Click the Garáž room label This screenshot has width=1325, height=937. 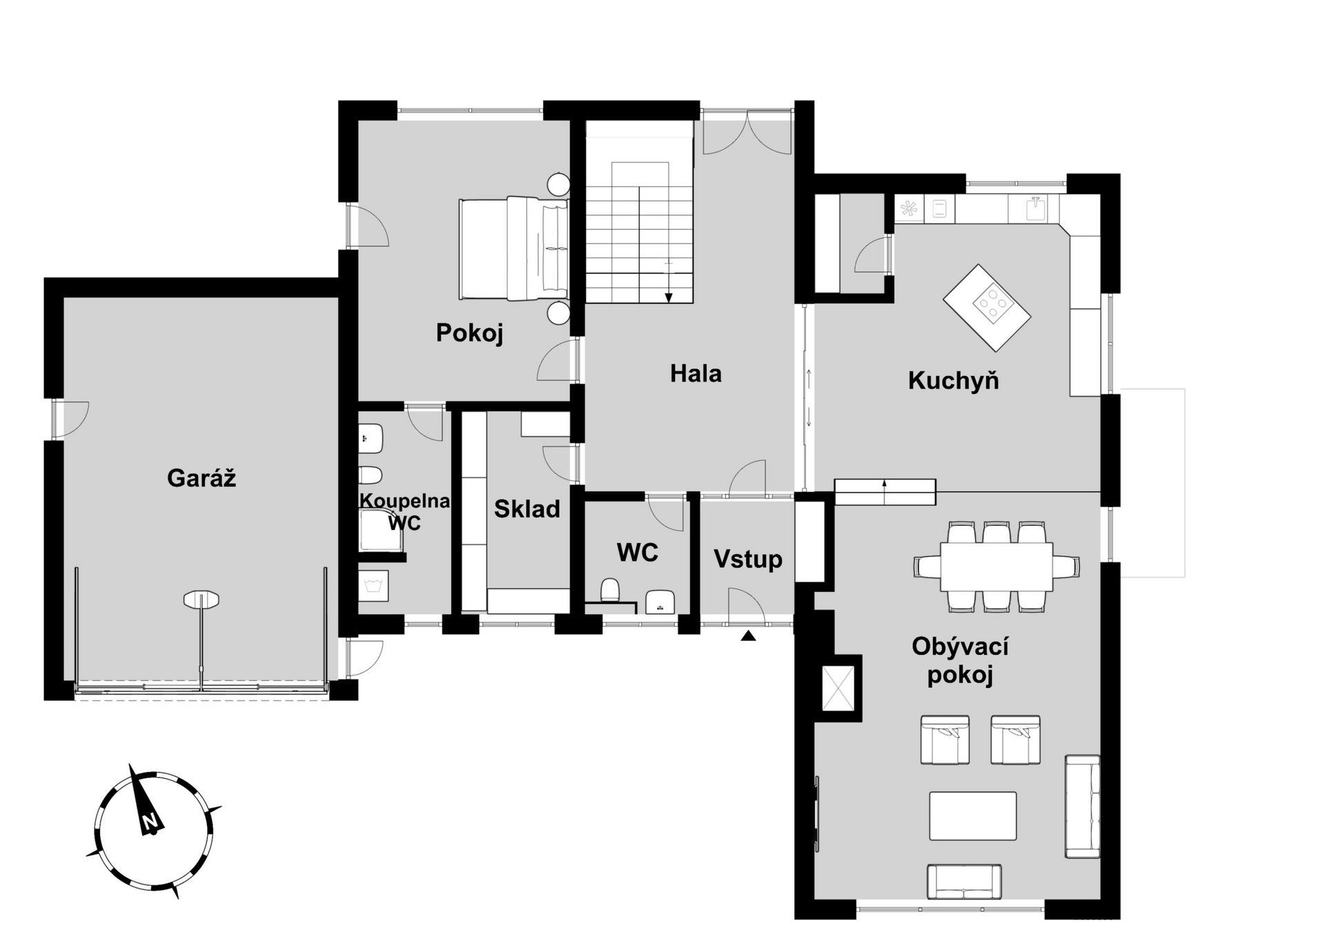coord(202,478)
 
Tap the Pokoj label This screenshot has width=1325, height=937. coord(469,333)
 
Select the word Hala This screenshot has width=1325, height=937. coord(696,373)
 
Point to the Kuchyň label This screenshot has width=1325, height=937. coord(953,379)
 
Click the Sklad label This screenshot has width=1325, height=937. coord(527,509)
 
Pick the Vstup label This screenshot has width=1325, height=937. coord(748,559)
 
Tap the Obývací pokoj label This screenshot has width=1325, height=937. coord(960,660)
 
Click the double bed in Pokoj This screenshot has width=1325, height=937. coord(514,248)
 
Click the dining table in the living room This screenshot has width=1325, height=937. coord(997,566)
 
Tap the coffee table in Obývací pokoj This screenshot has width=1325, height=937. coord(972,816)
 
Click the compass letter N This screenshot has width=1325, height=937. coord(150,821)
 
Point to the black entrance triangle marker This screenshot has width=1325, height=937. coord(748,636)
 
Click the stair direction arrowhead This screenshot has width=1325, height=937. coord(668,297)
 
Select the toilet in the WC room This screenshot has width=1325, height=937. coord(610,590)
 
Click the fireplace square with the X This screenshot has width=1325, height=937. coord(838,688)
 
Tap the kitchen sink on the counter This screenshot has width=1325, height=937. coord(1034,208)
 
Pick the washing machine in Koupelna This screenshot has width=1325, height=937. coord(373,585)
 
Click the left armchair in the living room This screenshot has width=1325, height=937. coord(945,740)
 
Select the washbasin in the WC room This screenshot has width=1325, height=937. coord(660,602)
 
